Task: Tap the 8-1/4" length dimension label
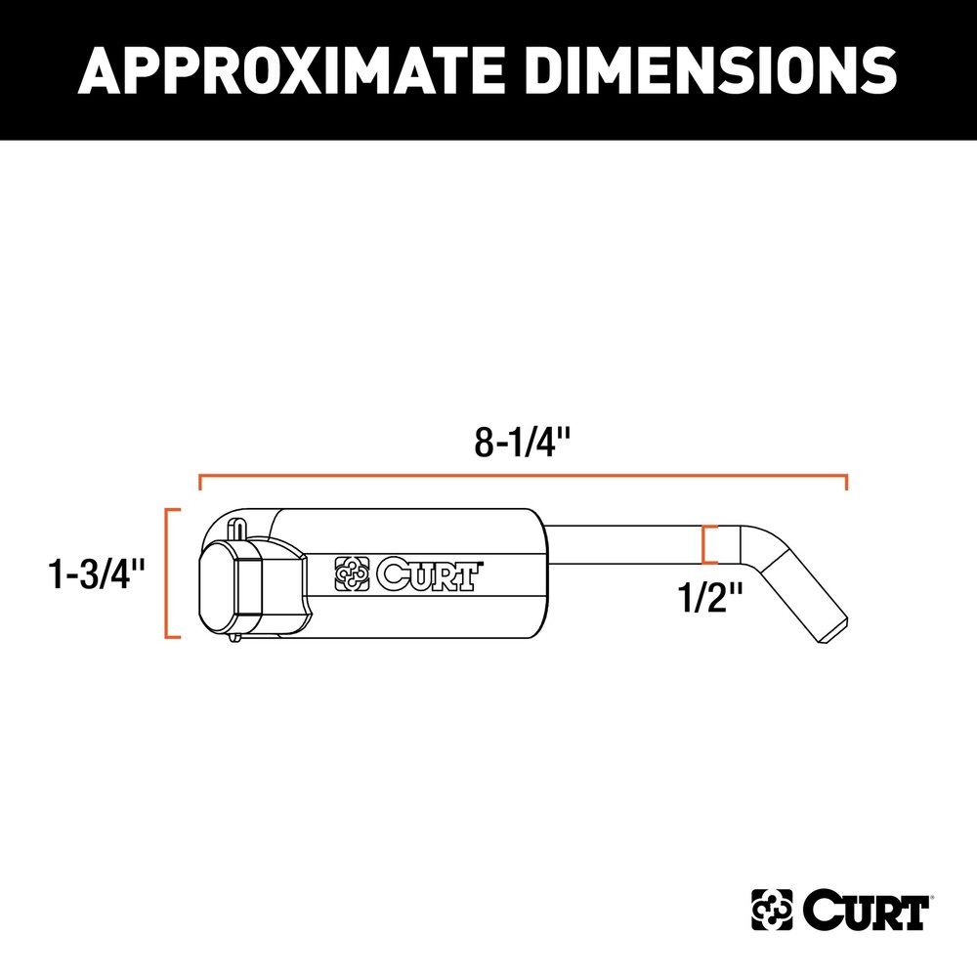click(522, 444)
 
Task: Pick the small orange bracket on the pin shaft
click(708, 544)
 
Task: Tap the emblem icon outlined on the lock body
click(352, 574)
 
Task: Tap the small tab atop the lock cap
click(236, 525)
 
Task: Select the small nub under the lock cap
click(234, 640)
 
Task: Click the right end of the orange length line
click(846, 481)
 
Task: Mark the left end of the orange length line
click(199, 481)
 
